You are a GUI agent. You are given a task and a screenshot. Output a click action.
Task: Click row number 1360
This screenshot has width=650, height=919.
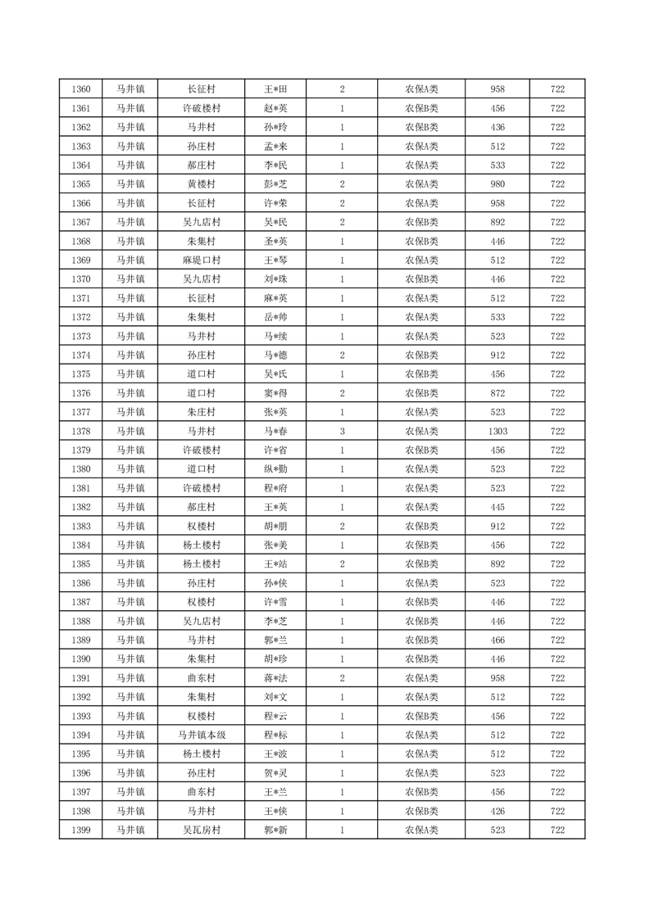81,88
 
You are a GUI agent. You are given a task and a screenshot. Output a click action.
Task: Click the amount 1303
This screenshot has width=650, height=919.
497,431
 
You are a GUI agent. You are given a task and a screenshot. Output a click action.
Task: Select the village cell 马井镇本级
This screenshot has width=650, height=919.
201,735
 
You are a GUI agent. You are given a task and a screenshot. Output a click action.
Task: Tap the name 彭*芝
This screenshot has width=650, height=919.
275,183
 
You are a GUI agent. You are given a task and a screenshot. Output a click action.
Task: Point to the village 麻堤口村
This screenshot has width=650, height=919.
201,260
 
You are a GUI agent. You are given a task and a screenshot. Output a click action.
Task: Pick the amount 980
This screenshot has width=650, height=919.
497,183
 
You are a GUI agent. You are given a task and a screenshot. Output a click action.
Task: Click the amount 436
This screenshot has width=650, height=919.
497,127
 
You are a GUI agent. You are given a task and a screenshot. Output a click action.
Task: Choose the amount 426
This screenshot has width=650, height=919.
497,811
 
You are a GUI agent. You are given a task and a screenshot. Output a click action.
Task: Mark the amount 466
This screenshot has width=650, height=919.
497,640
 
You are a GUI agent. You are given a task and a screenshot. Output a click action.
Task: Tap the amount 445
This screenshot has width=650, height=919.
497,507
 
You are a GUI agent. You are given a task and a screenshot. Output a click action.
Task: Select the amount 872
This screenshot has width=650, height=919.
497,393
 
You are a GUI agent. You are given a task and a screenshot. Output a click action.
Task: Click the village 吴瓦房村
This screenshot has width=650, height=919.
201,830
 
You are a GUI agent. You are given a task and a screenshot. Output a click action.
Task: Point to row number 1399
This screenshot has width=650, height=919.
81,830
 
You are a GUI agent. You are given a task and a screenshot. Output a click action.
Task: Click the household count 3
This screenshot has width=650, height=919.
342,431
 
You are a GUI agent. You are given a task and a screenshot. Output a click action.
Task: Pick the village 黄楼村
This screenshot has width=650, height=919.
201,183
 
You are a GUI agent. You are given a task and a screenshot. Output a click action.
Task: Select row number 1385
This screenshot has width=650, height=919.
81,564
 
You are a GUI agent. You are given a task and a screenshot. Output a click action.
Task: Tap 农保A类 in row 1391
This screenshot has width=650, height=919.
421,678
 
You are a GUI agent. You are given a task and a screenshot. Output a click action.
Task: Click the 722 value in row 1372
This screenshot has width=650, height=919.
557,317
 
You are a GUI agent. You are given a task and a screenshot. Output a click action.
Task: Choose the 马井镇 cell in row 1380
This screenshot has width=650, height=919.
130,469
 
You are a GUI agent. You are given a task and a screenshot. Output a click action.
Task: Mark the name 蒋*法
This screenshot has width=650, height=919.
275,678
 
